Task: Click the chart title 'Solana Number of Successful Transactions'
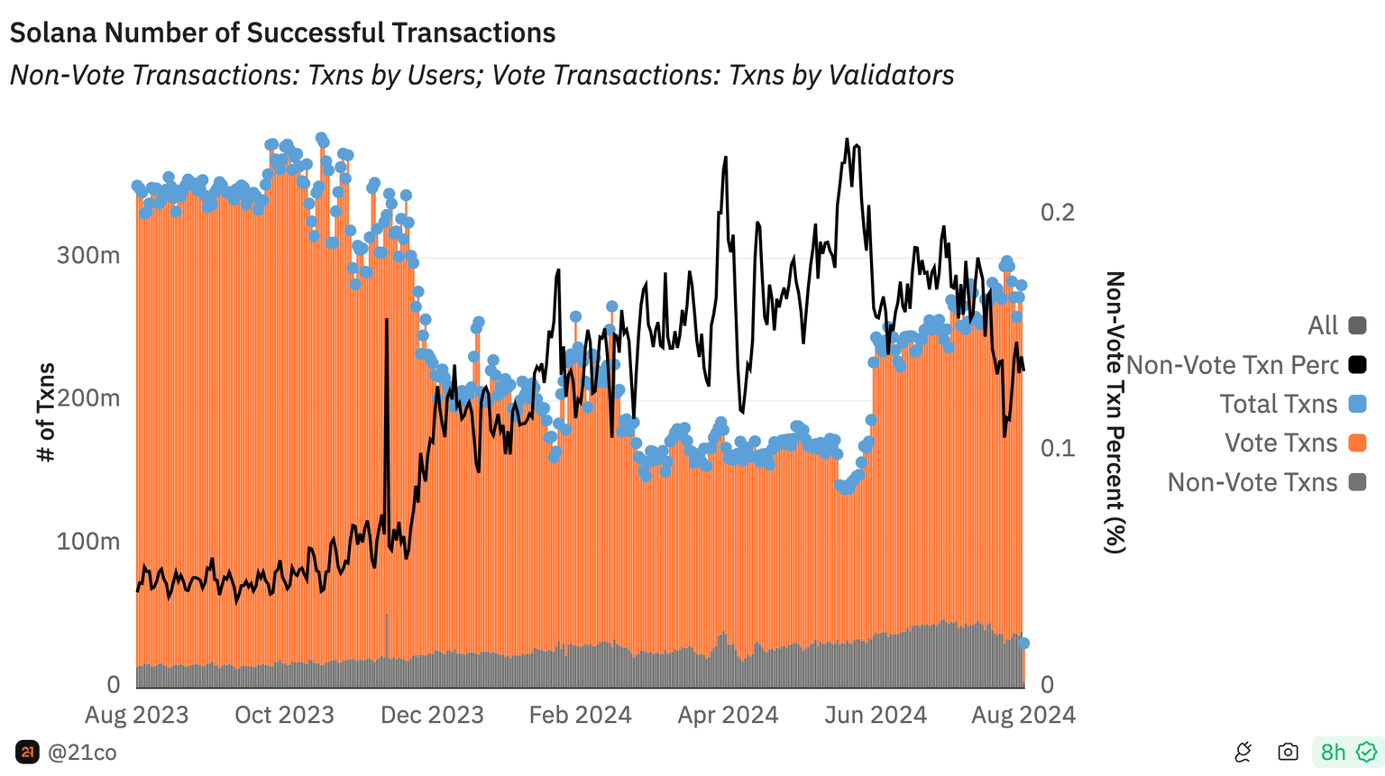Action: coord(282,32)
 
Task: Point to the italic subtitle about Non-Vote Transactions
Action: coord(482,75)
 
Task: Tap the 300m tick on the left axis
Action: coord(88,255)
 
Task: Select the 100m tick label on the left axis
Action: coord(88,542)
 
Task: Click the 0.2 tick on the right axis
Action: coord(1058,212)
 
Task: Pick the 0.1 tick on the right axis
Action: coord(1058,448)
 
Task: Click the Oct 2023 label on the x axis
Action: coord(284,715)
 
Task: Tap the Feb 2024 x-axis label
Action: coord(580,715)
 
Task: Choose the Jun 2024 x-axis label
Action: coord(876,715)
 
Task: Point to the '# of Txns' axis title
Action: coord(46,412)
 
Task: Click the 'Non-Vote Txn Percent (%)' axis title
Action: coord(1115,412)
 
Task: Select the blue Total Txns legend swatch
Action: coord(1357,404)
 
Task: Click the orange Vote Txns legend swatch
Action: coord(1357,443)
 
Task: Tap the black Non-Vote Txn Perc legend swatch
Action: coord(1357,365)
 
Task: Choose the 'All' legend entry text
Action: coord(1323,325)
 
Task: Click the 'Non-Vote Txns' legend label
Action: coord(1252,482)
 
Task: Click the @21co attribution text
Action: coord(82,753)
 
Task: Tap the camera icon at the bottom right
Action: coord(1288,752)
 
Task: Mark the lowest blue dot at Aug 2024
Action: coord(1024,644)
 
